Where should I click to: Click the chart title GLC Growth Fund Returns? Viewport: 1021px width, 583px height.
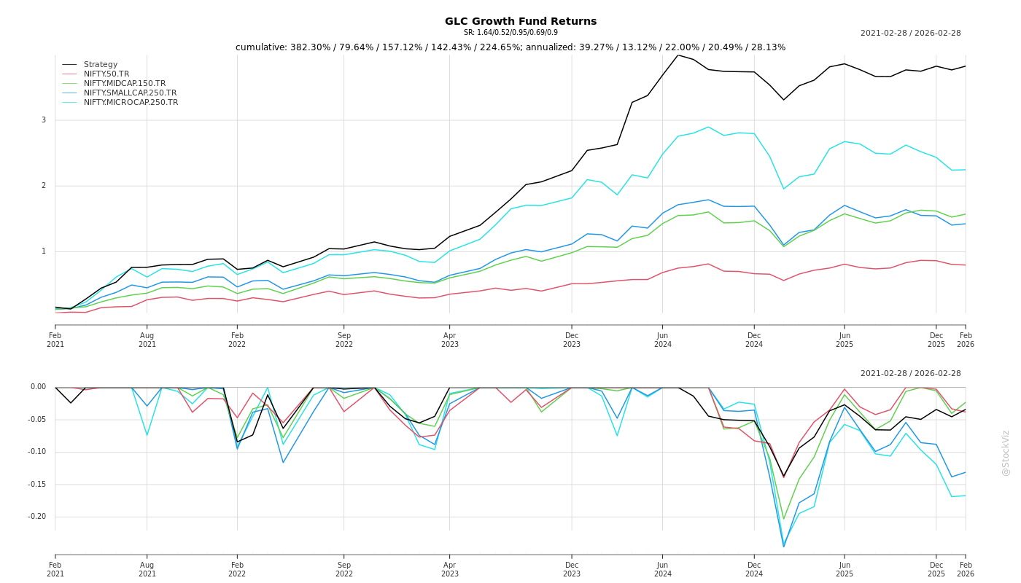coord(521,21)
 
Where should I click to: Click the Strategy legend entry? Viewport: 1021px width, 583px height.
coord(100,65)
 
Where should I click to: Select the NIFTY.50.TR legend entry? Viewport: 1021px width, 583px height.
coord(106,74)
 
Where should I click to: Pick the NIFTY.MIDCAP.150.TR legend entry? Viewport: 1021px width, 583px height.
coord(124,84)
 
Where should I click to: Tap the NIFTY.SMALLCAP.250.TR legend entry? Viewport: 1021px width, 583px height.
coord(130,93)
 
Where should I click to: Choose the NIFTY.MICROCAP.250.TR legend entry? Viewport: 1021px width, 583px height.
coord(131,103)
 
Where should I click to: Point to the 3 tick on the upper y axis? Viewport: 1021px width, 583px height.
coord(43,120)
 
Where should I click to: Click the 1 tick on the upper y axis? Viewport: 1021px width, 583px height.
coord(43,251)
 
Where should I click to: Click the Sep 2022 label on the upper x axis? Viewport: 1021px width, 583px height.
coord(344,340)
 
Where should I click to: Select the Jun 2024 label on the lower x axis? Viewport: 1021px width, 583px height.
coord(662,569)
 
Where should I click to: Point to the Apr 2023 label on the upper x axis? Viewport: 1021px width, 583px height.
coord(449,340)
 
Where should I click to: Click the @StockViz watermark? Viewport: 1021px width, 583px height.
coord(1006,453)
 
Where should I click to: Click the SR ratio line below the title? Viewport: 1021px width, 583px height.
coord(510,33)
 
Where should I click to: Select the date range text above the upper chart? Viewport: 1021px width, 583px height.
coord(910,34)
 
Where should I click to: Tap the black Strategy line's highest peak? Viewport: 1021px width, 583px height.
coord(678,55)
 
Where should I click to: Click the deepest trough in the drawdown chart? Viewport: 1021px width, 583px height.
coord(784,547)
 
